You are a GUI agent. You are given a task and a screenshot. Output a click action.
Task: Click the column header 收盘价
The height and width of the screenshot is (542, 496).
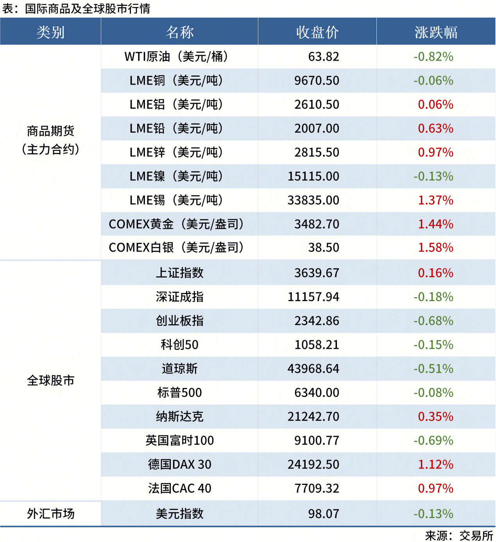click(317, 32)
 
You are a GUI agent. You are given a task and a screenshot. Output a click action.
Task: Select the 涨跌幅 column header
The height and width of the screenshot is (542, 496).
click(436, 32)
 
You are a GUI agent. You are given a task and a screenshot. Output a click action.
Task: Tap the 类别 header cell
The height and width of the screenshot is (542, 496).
click(50, 32)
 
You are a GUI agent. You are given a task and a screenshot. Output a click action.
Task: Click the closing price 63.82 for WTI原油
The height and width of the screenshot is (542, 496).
click(323, 57)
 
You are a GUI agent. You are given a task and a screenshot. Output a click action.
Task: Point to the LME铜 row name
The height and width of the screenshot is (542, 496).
click(176, 81)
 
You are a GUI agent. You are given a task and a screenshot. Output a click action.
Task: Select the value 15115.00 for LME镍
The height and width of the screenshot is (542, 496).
click(313, 176)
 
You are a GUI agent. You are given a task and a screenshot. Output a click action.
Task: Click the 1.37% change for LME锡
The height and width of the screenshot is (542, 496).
click(435, 200)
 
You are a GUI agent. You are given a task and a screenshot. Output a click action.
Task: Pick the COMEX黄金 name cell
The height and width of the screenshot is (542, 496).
click(176, 224)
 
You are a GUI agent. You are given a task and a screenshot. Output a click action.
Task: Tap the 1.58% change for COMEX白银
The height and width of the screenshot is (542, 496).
click(435, 248)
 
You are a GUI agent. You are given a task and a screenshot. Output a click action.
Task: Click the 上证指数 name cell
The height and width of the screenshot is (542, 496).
click(179, 273)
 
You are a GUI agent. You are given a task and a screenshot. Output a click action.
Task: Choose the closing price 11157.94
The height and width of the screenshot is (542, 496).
click(313, 297)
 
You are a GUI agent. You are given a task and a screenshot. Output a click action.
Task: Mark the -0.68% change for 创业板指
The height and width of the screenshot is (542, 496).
click(433, 321)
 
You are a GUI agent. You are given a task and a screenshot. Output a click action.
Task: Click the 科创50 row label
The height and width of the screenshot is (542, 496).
click(179, 345)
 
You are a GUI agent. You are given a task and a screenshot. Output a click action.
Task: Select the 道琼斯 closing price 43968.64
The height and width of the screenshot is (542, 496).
click(313, 368)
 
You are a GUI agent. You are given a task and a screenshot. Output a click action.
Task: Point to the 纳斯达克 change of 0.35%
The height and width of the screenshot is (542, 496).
click(435, 416)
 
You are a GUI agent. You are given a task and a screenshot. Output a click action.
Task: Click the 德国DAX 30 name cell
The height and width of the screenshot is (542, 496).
click(179, 464)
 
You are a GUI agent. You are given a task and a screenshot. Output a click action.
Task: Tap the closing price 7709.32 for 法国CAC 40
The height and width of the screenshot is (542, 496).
click(317, 488)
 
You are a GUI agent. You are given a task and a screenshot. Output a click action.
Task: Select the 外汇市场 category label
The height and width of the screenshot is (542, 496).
click(50, 513)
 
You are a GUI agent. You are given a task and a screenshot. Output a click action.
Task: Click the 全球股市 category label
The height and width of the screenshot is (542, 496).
click(50, 380)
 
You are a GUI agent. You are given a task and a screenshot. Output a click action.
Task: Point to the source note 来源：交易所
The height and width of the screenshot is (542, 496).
click(459, 535)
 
